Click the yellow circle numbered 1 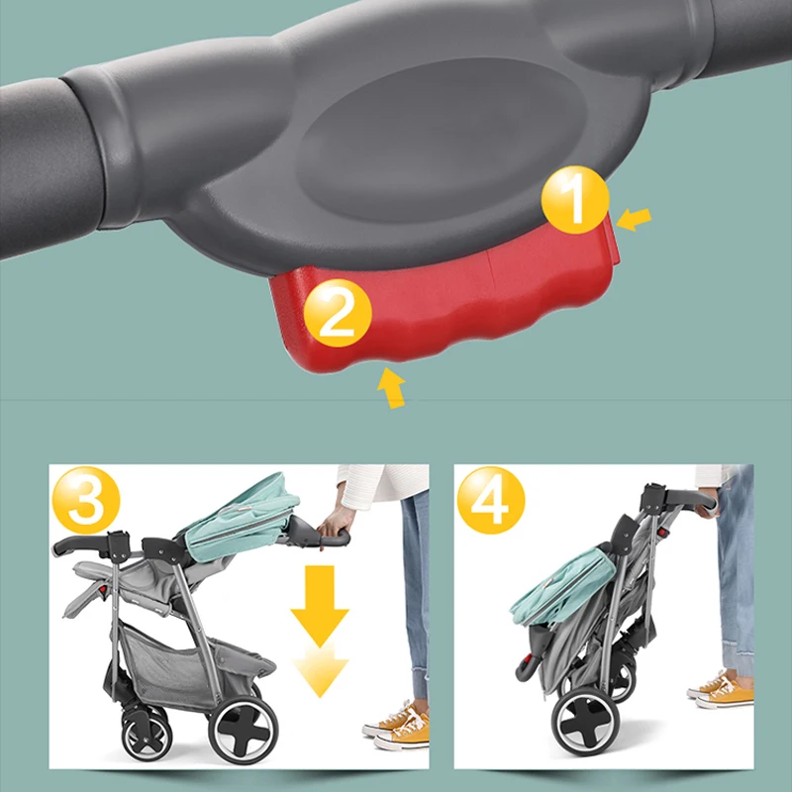(x=575, y=200)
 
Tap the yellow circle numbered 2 (x=338, y=313)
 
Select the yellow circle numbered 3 (x=86, y=500)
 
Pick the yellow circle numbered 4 (x=491, y=500)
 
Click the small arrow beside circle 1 (x=634, y=219)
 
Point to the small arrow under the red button (x=391, y=387)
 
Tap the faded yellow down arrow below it (x=320, y=669)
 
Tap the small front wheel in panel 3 (x=147, y=736)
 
